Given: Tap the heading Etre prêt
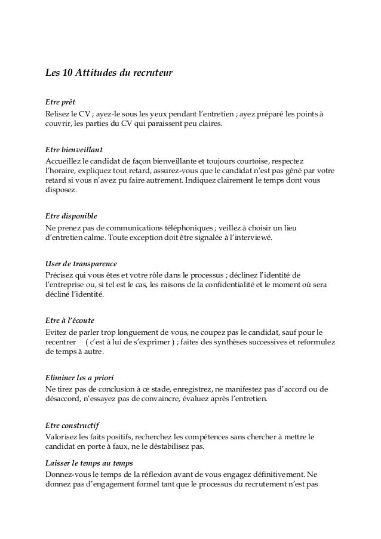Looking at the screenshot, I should point(62,101).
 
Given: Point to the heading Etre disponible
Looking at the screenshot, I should point(71,216).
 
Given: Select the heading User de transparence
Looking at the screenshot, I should point(81,263).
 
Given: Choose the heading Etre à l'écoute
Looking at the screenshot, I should point(70,320).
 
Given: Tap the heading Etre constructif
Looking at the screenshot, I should point(73,425).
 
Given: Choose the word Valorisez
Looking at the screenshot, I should point(63,437).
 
